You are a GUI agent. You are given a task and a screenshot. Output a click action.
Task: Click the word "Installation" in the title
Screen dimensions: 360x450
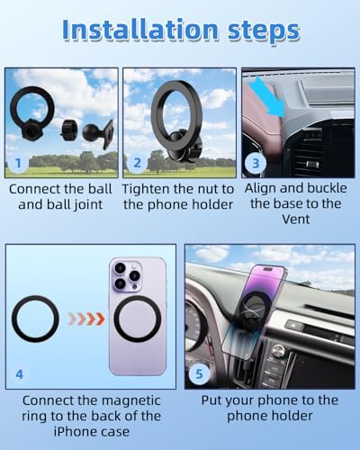(x=140, y=30)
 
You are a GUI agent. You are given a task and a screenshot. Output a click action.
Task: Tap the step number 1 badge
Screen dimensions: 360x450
(x=18, y=163)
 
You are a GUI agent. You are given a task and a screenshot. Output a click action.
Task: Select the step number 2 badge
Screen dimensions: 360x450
(x=137, y=163)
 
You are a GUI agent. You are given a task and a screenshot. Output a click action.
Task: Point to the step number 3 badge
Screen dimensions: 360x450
(x=256, y=163)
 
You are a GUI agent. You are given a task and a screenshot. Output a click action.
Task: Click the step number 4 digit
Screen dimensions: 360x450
(x=19, y=374)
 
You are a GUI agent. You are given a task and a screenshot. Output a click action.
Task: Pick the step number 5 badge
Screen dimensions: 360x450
(x=199, y=373)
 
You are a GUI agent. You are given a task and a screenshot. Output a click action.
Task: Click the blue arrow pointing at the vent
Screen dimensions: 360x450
(x=268, y=98)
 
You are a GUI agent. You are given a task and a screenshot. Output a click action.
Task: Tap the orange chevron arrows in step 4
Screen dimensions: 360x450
(x=86, y=319)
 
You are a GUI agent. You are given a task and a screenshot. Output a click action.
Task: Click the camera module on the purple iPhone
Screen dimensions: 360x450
(x=127, y=276)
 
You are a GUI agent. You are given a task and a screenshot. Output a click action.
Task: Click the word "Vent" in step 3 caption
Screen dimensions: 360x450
(x=295, y=219)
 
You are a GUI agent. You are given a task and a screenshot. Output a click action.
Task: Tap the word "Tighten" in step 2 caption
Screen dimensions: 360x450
(x=146, y=189)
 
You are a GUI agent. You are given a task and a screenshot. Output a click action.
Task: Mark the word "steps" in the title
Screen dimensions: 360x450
(x=264, y=31)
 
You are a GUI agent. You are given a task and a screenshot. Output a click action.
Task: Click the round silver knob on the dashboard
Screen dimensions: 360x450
(x=279, y=350)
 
